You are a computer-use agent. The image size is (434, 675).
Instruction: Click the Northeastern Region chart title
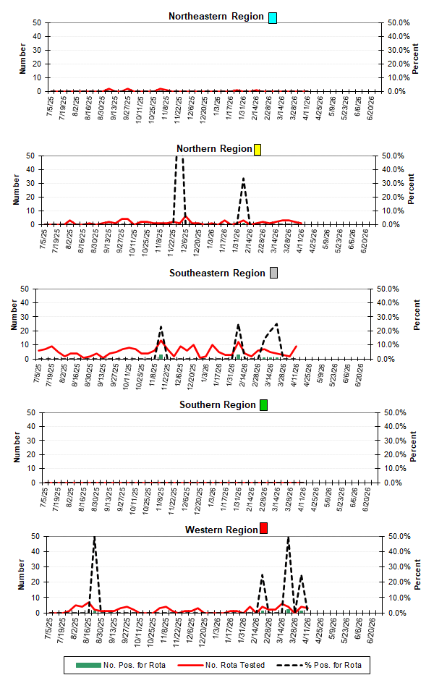pos(216,17)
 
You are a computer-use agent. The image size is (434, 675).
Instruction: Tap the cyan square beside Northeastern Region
pos(273,17)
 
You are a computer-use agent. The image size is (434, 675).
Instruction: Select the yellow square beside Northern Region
pos(258,149)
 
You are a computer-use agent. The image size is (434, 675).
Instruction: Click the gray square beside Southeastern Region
pos(273,273)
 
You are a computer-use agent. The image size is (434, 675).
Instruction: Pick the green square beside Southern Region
pos(264,404)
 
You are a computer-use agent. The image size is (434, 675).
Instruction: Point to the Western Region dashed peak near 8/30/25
pos(94,538)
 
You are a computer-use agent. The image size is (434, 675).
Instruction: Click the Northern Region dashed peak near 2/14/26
pos(244,178)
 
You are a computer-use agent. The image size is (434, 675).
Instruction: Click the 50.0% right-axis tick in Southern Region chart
pos(398,412)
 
